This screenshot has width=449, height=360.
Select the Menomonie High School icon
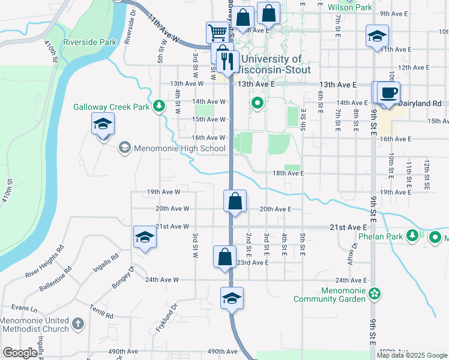tap(125, 148)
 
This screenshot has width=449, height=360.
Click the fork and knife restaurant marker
tap(228, 60)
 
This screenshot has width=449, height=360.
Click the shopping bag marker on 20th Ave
tap(235, 200)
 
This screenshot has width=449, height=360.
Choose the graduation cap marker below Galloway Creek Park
tap(103, 124)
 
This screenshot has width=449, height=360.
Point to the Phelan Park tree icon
tap(412, 236)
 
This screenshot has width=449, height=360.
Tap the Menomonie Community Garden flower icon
tap(375, 294)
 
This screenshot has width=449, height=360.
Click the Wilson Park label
tap(351, 8)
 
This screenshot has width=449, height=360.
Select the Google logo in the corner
tap(20, 353)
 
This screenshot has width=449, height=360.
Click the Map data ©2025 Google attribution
tap(412, 355)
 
